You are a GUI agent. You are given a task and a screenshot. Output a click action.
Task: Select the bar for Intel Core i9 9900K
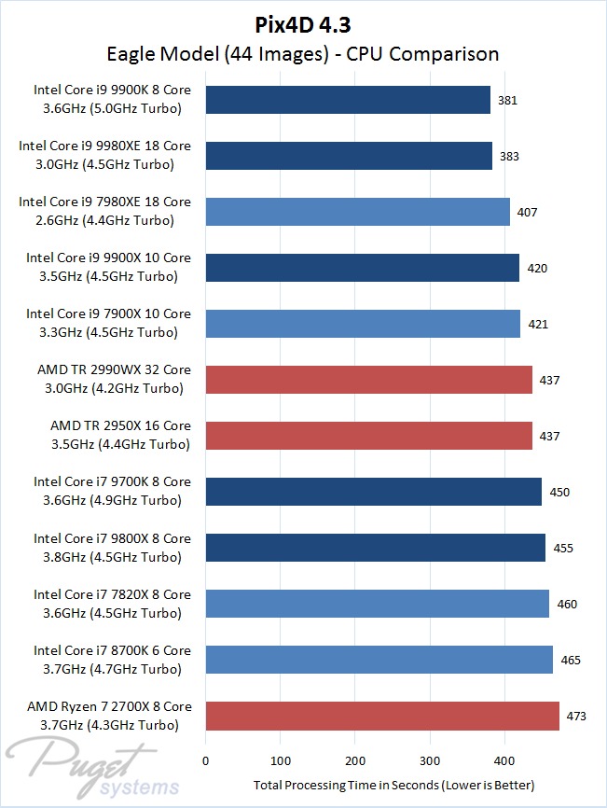pyautogui.click(x=348, y=100)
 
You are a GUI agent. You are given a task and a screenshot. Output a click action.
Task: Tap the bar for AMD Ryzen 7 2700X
pyautogui.click(x=382, y=716)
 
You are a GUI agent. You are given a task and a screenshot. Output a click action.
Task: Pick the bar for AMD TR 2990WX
pyautogui.click(x=368, y=380)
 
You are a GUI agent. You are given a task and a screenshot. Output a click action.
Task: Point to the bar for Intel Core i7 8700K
pyautogui.click(x=379, y=660)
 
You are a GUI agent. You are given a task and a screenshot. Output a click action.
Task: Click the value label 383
pyautogui.click(x=510, y=156)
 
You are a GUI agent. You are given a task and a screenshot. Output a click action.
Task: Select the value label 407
pyautogui.click(x=527, y=212)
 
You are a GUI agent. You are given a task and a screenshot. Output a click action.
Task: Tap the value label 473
pyautogui.click(x=576, y=716)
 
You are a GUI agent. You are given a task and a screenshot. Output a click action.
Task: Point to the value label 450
pyautogui.click(x=559, y=492)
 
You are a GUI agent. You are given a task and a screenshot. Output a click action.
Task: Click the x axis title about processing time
pyautogui.click(x=393, y=785)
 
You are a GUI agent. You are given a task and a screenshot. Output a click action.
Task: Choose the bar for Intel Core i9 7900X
pyautogui.click(x=363, y=324)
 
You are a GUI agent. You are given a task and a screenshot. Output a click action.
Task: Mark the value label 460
pyautogui.click(x=567, y=604)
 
